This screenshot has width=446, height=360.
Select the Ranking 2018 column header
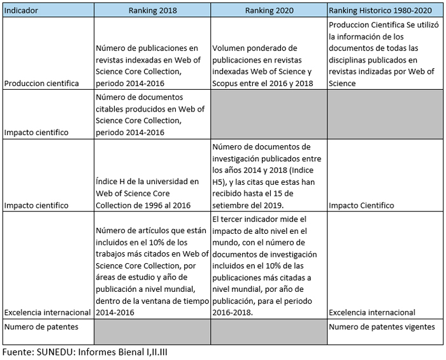[152, 11]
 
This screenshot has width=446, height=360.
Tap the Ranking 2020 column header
[268, 11]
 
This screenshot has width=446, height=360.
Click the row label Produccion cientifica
[41, 83]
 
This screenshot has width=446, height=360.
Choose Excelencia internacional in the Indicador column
[48, 312]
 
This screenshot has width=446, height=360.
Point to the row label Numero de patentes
[41, 327]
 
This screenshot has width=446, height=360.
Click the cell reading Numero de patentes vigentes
[382, 327]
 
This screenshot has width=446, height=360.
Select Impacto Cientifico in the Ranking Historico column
[361, 205]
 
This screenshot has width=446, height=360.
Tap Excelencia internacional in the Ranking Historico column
[372, 312]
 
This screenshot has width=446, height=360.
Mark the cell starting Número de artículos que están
[150, 271]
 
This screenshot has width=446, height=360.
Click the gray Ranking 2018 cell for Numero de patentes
[152, 331]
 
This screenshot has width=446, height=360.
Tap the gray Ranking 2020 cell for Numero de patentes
[268, 331]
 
